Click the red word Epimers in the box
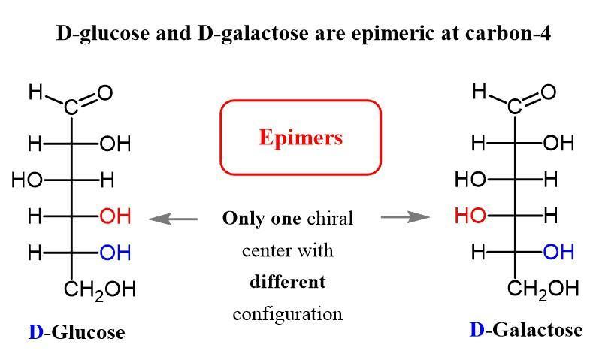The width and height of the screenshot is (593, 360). pyautogui.click(x=301, y=138)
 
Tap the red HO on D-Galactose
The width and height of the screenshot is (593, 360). pyautogui.click(x=469, y=216)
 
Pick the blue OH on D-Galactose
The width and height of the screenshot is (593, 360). pyautogui.click(x=558, y=253)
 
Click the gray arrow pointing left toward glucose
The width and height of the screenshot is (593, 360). pyautogui.click(x=173, y=219)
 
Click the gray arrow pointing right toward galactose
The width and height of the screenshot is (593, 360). pyautogui.click(x=405, y=217)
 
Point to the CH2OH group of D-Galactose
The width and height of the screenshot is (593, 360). pyautogui.click(x=543, y=289)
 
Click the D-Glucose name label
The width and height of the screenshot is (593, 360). pyautogui.click(x=77, y=332)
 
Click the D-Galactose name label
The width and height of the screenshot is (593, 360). pyautogui.click(x=525, y=330)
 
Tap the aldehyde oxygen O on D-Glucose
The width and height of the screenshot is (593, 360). pyautogui.click(x=105, y=93)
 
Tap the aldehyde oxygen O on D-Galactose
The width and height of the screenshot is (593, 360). pyautogui.click(x=549, y=92)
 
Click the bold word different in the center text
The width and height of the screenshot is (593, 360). pyautogui.click(x=288, y=282)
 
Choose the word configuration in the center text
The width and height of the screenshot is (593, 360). pyautogui.click(x=288, y=313)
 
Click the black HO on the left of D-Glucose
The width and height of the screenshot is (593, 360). pyautogui.click(x=27, y=180)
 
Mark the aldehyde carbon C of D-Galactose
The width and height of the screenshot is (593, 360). pyautogui.click(x=514, y=108)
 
